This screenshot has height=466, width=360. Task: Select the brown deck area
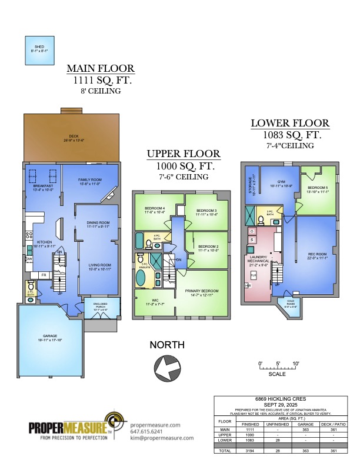coord(74,138)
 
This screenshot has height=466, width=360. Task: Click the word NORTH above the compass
coord(166,345)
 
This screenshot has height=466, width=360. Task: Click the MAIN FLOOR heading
coord(100,68)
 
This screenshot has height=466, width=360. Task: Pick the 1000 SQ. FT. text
coord(184,165)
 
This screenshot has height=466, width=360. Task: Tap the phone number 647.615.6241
coord(146,430)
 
